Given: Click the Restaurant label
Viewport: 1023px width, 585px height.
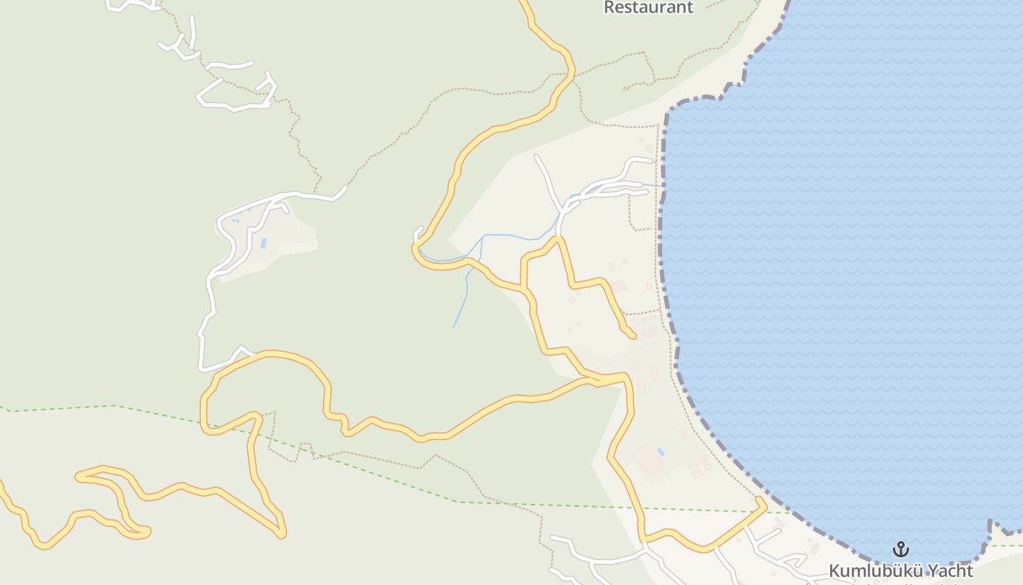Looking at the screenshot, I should point(647,7).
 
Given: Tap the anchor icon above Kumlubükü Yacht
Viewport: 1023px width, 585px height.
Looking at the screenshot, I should point(901,548).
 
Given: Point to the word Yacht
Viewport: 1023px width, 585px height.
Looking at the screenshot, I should point(953,570).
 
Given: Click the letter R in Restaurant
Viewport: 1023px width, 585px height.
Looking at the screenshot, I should point(609,7).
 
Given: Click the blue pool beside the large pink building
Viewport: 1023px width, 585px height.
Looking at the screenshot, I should point(661,452).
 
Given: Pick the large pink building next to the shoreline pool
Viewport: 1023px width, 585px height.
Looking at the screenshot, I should point(647,460).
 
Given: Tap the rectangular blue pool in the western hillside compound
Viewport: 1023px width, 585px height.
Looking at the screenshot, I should point(263,243).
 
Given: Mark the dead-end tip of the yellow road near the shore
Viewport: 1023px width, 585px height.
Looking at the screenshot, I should point(633,336).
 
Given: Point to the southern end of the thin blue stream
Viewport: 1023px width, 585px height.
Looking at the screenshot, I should point(454,327).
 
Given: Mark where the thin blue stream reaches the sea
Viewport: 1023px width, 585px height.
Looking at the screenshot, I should point(663,186).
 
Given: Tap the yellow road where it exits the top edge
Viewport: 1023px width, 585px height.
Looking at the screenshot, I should point(523,2).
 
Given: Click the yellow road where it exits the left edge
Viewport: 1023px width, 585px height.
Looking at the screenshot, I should point(2,484).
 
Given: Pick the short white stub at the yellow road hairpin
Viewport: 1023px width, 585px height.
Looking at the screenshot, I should point(418,233).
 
